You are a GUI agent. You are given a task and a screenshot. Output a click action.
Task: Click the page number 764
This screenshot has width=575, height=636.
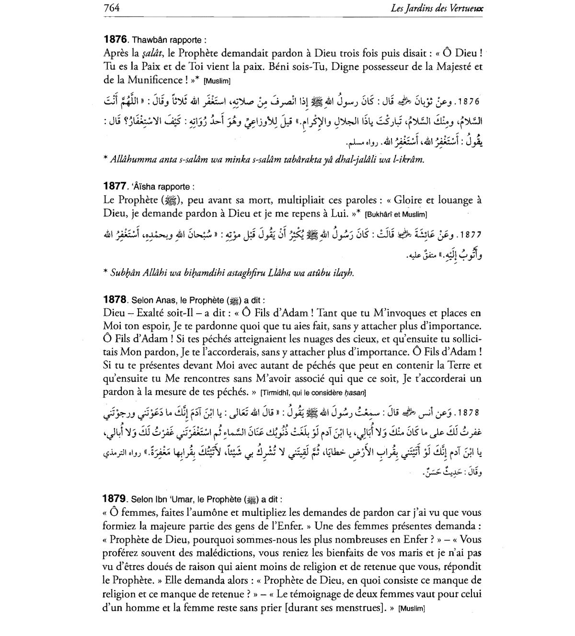pos(111,8)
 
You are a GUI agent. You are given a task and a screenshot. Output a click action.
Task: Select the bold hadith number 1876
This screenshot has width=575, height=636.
pos(115,39)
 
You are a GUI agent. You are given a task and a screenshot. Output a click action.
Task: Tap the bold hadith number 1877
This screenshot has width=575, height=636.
pos(115,186)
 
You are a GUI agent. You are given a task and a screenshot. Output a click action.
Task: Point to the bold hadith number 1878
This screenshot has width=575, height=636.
pos(115,300)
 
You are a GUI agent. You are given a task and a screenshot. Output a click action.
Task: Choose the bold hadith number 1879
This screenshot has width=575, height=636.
pos(115,499)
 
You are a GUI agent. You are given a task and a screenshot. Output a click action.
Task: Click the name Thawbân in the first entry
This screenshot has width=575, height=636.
pos(148,40)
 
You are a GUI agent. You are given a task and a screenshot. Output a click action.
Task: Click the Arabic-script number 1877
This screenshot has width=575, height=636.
pos(470,235)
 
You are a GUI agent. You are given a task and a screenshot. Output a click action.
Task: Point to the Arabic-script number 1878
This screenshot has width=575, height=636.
pos(470,412)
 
